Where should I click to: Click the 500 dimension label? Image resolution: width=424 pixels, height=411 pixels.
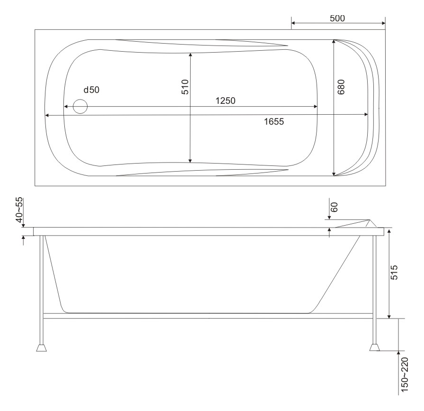[337, 18]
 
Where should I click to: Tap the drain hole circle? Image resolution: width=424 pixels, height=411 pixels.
[80, 106]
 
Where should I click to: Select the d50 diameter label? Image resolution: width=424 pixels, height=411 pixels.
[91, 90]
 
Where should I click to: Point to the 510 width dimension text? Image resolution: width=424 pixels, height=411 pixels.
[185, 87]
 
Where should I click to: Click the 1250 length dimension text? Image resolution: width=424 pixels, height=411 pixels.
[226, 101]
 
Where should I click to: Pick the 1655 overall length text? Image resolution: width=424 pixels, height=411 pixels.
[274, 122]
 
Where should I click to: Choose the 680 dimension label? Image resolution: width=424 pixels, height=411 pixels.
[341, 87]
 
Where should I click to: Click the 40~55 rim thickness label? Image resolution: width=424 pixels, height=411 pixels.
[19, 210]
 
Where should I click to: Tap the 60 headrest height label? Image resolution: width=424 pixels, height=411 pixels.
[335, 207]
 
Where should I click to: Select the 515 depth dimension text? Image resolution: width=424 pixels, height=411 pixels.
[394, 272]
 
